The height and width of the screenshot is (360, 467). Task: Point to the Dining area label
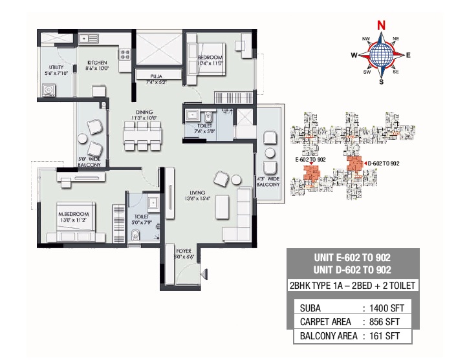tap(144, 112)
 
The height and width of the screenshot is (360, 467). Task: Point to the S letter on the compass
tap(382, 82)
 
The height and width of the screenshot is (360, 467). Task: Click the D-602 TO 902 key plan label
tap(384, 163)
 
